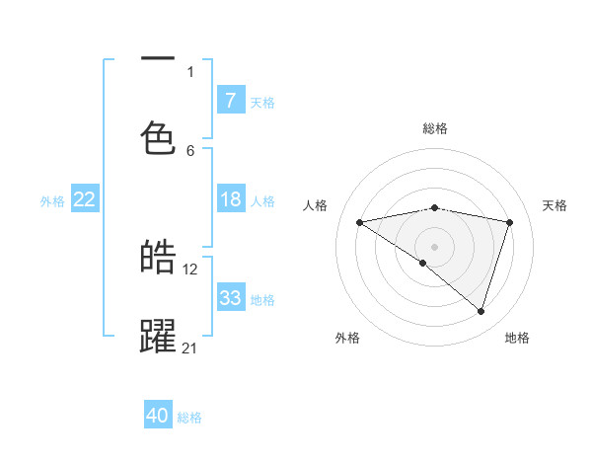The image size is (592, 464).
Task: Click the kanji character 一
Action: click(x=158, y=60)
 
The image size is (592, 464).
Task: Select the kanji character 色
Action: click(x=158, y=137)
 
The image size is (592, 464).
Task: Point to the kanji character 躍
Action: click(x=158, y=336)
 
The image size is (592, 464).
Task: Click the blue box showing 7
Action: click(x=230, y=101)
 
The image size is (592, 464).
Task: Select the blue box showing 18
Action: click(x=230, y=200)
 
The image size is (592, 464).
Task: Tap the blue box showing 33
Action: click(x=230, y=298)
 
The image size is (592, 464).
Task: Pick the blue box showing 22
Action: click(x=84, y=200)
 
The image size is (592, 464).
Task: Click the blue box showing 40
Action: click(x=158, y=416)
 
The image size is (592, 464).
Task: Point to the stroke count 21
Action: click(x=190, y=348)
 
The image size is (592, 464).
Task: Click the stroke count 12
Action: click(x=190, y=269)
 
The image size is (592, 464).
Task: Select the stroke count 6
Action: click(x=190, y=150)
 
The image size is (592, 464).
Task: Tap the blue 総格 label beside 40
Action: click(x=189, y=418)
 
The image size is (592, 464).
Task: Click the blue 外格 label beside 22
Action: click(x=52, y=201)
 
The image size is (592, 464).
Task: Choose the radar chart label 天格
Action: click(x=555, y=205)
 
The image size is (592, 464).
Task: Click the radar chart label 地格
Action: click(x=517, y=338)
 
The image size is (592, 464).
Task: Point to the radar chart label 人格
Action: click(x=315, y=205)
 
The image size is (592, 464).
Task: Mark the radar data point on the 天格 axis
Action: click(x=510, y=222)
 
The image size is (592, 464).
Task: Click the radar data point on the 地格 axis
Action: click(x=481, y=311)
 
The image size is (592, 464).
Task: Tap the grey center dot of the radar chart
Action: click(x=434, y=246)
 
